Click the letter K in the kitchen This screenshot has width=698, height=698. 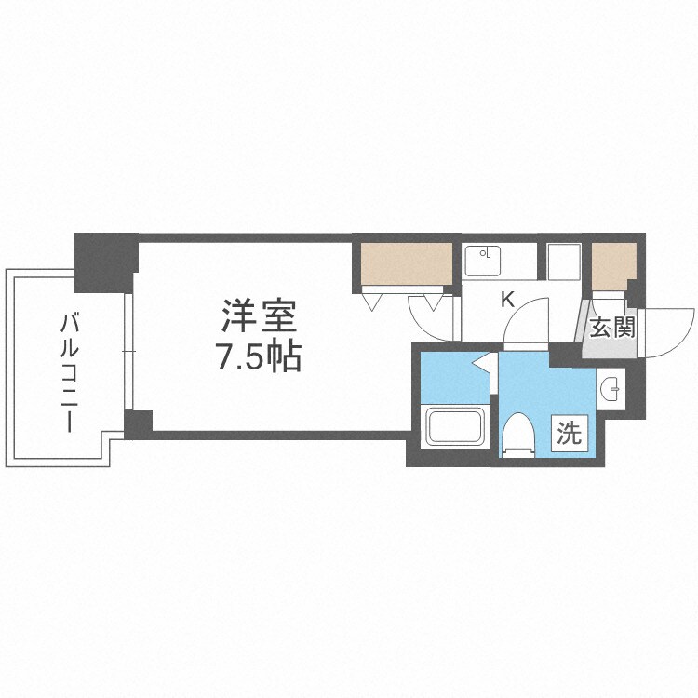click(x=508, y=300)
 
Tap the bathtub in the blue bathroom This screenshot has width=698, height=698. click(x=455, y=427)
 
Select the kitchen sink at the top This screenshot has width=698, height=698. click(x=484, y=260)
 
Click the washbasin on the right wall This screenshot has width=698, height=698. click(x=611, y=390)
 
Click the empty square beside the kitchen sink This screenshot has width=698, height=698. click(x=564, y=261)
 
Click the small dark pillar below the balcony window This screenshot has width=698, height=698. click(x=138, y=423)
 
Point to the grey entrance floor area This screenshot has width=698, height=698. click(x=604, y=345)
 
